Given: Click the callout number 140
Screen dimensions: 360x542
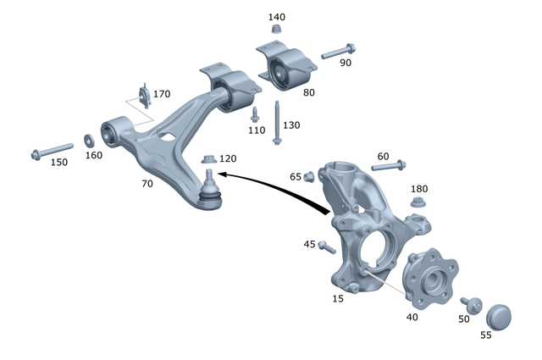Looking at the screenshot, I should [277, 17].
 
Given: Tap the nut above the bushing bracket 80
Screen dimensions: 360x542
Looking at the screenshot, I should [276, 30].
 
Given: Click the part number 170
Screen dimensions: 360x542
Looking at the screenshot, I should [161, 94].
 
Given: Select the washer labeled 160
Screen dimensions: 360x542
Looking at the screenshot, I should [89, 140].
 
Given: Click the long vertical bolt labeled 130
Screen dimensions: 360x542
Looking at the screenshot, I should [277, 123].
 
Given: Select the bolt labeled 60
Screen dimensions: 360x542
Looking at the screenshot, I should [390, 167].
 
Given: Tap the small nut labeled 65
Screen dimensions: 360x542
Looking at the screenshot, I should [309, 176].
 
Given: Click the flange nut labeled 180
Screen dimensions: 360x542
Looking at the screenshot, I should [418, 202].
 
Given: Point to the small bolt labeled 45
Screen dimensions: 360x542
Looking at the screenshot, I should [327, 246].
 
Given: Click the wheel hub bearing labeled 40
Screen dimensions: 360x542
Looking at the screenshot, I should [431, 280].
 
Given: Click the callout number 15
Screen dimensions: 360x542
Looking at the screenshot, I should [339, 299].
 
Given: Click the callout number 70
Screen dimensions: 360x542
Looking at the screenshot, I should [148, 183].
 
